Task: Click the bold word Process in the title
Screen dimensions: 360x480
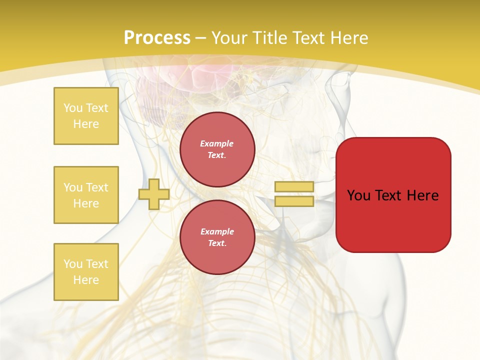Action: point(157,38)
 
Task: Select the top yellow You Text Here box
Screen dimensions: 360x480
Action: point(86,116)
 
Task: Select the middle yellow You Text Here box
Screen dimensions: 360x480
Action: point(86,195)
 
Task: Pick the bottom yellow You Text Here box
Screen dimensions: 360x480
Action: point(86,272)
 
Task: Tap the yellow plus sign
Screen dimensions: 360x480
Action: point(154,194)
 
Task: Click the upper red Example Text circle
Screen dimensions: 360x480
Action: point(217,149)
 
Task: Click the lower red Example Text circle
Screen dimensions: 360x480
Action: point(217,237)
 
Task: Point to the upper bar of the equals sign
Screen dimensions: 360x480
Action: point(294,187)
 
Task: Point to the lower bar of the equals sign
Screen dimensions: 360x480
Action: point(294,201)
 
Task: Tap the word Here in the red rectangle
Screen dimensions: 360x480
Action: point(422,195)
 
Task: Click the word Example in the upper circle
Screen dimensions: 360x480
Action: point(217,143)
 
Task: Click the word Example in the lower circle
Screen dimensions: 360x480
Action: point(217,231)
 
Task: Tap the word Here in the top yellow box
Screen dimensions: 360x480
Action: point(86,124)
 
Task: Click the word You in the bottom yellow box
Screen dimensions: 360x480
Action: point(73,264)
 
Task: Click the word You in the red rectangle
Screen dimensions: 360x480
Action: point(358,195)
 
